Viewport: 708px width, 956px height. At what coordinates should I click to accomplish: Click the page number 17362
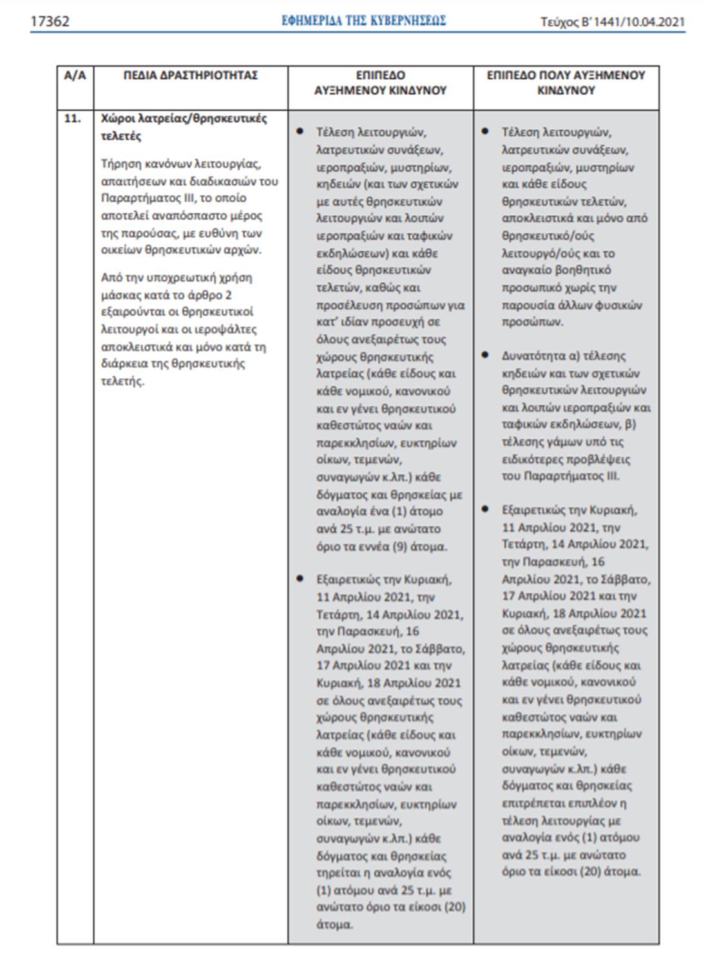[50, 21]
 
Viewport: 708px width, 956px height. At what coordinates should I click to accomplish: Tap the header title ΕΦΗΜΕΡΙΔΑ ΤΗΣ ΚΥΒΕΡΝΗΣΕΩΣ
[363, 21]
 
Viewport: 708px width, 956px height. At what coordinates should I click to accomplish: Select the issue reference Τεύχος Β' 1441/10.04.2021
[612, 22]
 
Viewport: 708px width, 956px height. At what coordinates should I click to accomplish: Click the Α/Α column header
[75, 75]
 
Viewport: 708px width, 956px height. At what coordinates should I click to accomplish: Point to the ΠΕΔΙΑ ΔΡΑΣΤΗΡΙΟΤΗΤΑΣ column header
[191, 75]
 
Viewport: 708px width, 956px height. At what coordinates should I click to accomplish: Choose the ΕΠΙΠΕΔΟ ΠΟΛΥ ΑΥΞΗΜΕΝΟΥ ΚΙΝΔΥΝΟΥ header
[566, 83]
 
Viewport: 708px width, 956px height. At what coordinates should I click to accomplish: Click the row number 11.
[72, 119]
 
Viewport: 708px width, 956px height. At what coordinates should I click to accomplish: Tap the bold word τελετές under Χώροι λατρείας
[120, 137]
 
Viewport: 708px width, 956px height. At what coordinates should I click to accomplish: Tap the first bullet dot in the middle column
[300, 131]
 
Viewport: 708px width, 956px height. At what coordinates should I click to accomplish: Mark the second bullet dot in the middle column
[300, 578]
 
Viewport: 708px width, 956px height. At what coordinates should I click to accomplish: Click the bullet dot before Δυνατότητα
[485, 355]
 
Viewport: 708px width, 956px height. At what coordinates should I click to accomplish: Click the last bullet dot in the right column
[485, 510]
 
